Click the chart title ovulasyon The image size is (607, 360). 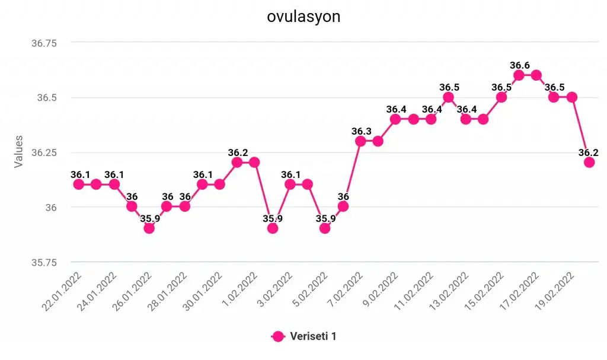303,17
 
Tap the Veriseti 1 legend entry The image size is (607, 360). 313,336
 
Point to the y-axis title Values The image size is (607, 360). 19,151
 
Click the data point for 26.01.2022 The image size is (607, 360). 149,228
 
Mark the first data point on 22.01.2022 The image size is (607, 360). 78,184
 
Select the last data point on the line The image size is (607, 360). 589,162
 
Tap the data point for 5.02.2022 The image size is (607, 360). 325,228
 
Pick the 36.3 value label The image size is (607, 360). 361,131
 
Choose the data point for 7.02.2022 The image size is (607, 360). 360,141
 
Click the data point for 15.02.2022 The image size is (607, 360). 501,97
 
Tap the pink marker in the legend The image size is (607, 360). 278,336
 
